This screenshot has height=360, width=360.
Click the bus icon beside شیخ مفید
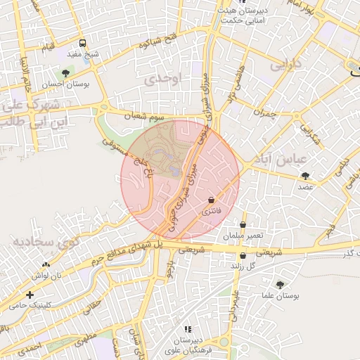(x=84, y=43)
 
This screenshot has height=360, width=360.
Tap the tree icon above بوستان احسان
(x=65, y=73)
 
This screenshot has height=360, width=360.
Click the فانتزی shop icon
(x=212, y=200)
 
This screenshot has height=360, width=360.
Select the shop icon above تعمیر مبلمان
(x=243, y=225)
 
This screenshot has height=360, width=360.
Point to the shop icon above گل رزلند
(x=243, y=256)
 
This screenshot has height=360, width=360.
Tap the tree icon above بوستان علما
(x=280, y=285)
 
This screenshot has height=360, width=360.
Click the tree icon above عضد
(x=305, y=176)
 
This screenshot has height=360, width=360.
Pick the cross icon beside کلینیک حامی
(x=30, y=295)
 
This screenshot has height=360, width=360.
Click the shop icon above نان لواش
(x=46, y=264)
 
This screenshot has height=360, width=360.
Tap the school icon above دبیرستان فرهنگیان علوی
(x=187, y=329)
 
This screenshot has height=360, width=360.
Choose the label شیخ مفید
(x=88, y=54)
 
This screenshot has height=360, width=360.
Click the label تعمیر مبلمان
(x=245, y=236)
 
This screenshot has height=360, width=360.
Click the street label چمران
(x=262, y=112)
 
